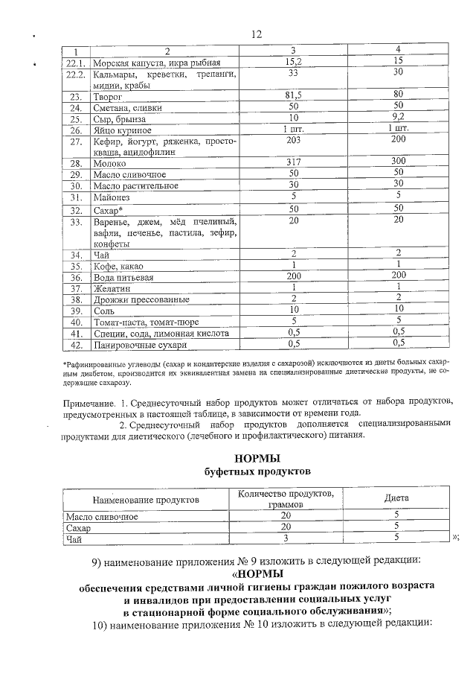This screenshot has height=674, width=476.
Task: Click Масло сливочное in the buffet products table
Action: pos(103,515)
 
